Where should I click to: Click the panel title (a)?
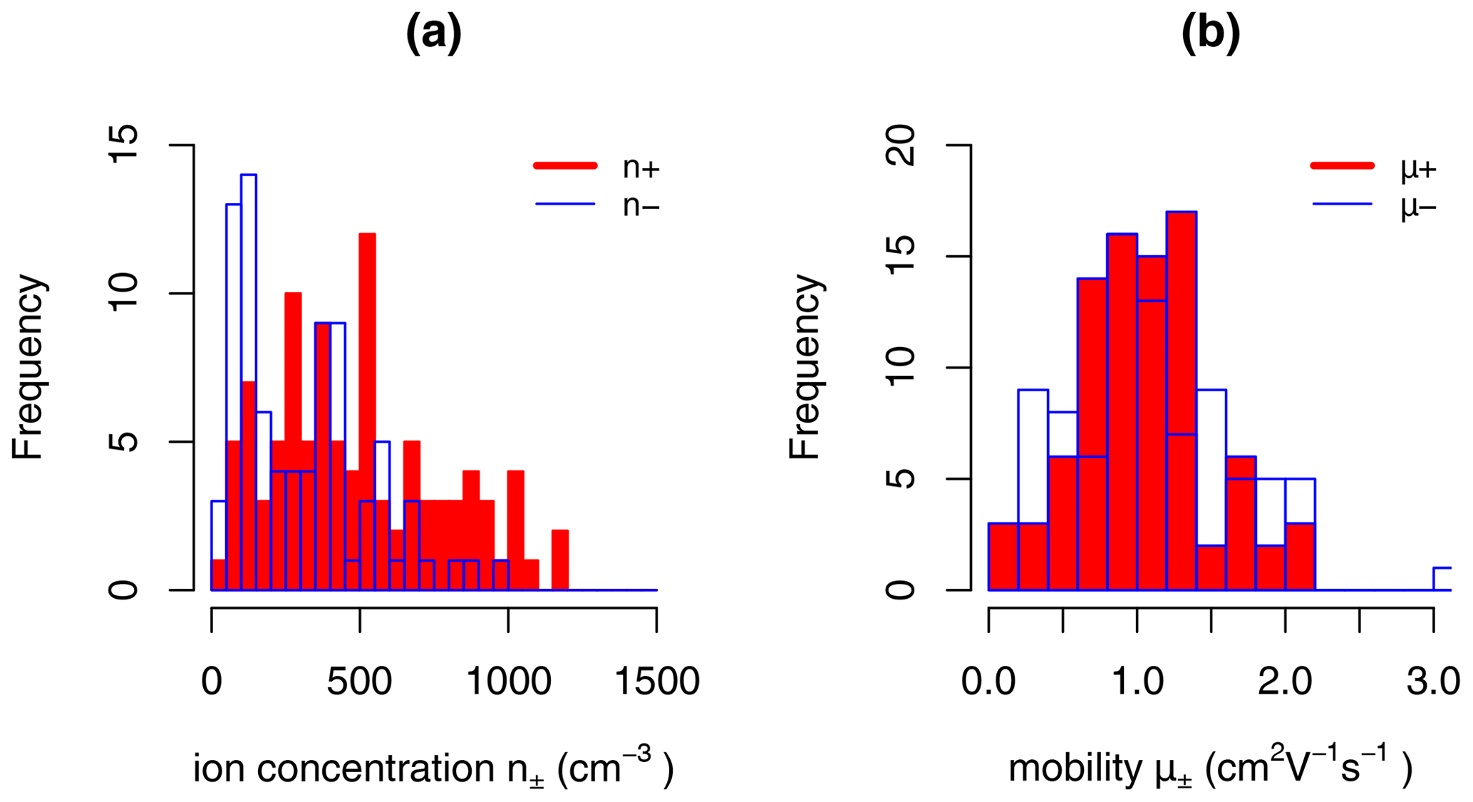pyautogui.click(x=433, y=33)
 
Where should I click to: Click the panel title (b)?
pyautogui.click(x=1210, y=33)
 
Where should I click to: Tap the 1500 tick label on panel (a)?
pyautogui.click(x=656, y=682)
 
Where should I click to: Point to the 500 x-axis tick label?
pyautogui.click(x=359, y=682)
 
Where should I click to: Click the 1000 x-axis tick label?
pyautogui.click(x=508, y=682)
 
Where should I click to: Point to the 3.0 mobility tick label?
pyautogui.click(x=1433, y=682)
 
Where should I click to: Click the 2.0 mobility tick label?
pyautogui.click(x=1285, y=682)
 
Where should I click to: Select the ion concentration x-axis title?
pyautogui.click(x=433, y=768)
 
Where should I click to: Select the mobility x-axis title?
pyautogui.click(x=1210, y=768)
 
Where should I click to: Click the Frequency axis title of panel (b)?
pyautogui.click(x=806, y=367)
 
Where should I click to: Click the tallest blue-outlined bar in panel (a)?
pyautogui.click(x=249, y=381)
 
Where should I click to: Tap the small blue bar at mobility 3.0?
pyautogui.click(x=1442, y=579)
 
